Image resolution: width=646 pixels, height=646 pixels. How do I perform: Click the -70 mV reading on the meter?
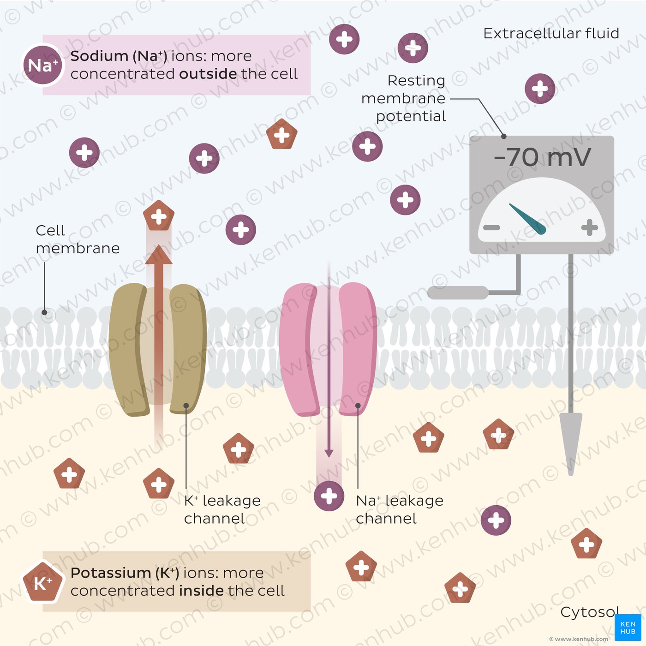coord(542,158)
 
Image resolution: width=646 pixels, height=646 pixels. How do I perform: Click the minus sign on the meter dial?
coord(491,227)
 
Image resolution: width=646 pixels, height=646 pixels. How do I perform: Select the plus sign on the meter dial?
coord(589,227)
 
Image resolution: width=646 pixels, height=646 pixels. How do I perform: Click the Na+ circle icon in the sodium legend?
coord(42,65)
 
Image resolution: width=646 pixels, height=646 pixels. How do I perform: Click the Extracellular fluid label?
coord(551,34)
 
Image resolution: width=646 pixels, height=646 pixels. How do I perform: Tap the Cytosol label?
coord(589,612)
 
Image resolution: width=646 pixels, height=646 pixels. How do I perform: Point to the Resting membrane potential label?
coord(404,98)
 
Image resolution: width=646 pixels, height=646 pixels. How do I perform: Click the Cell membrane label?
coord(77,239)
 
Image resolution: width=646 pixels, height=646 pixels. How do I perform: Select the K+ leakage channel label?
coord(222,509)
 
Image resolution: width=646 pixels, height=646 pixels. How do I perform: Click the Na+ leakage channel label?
coord(399,509)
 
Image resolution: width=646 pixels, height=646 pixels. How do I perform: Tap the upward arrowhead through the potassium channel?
coord(159,255)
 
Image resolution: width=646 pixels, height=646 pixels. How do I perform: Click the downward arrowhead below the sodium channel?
coord(329,453)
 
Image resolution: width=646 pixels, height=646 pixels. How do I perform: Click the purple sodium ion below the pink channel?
coord(329,496)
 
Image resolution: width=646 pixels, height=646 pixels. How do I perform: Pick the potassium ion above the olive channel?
coord(159,216)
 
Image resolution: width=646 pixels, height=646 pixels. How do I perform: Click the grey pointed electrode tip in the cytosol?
coord(571,443)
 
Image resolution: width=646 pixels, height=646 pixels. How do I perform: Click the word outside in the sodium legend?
coord(208,74)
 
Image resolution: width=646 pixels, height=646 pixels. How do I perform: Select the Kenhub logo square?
coord(628,628)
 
